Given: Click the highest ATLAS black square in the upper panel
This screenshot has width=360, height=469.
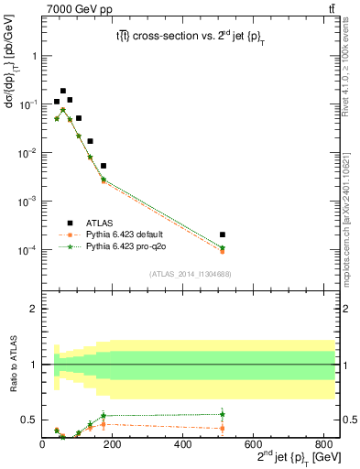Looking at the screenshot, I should [63, 92].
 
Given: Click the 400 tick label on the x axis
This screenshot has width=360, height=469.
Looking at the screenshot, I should [183, 444].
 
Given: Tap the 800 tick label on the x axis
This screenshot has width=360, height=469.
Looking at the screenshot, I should [322, 444].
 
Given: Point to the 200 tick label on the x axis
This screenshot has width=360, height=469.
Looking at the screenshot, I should [113, 444].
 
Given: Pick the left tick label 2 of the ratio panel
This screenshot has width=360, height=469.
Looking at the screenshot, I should [34, 309].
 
